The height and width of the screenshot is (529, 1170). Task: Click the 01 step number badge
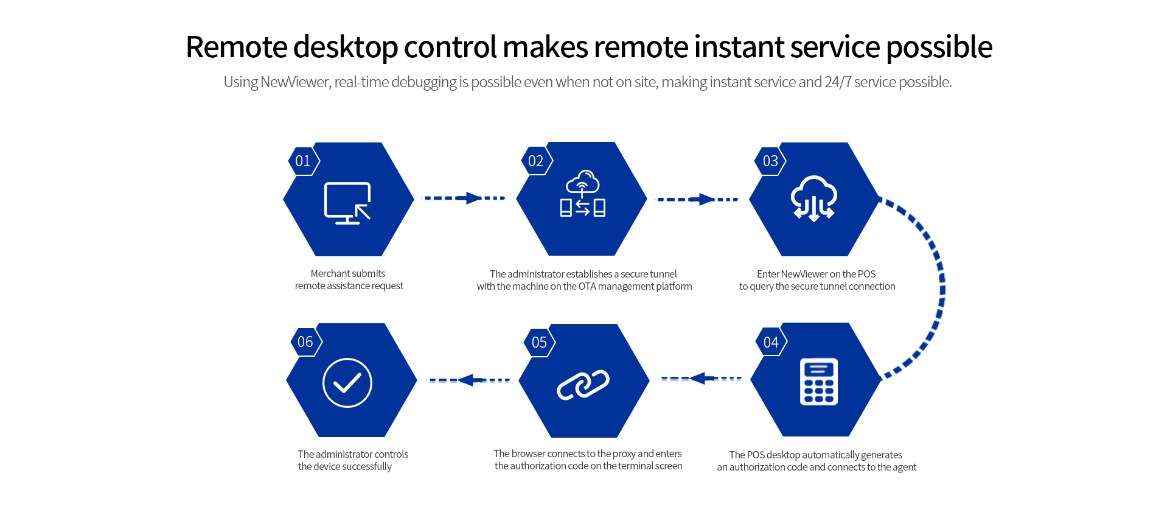point(303,161)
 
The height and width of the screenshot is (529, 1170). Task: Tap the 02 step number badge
point(536,161)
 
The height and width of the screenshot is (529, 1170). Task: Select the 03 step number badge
point(770,161)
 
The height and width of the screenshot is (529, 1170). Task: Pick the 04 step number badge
point(771,342)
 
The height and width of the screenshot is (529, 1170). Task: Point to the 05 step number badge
point(539,342)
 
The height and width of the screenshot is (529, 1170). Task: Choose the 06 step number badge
point(305,342)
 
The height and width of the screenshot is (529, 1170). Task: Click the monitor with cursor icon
point(347,203)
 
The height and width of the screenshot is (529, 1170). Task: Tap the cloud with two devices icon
point(582,194)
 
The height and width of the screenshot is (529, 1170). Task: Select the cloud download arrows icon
point(813,198)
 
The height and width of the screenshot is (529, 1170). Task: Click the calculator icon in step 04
point(818,382)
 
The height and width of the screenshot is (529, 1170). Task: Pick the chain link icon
point(583,385)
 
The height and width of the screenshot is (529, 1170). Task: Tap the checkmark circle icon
point(347,383)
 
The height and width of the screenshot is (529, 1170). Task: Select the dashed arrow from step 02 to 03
point(697,199)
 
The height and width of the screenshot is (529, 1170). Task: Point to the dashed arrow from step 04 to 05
point(701,379)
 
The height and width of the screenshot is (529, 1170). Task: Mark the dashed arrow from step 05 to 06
point(468,380)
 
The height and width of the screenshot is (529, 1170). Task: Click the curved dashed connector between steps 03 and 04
point(940,286)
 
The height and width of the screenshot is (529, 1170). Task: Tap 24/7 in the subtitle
point(838,82)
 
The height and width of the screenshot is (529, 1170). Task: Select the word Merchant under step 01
point(329,274)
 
